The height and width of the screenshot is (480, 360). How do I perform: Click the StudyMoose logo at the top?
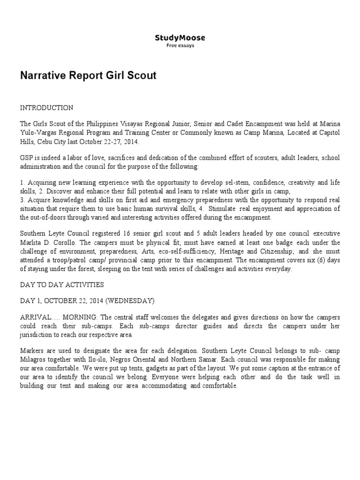point(180,37)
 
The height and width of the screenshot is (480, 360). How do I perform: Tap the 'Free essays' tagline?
point(180,45)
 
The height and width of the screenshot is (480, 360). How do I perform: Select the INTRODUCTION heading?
point(46,108)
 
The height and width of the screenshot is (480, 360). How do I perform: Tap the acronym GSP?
point(26,158)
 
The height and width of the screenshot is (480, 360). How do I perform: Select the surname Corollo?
point(78,242)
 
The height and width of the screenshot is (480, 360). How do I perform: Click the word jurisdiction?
point(39,335)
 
